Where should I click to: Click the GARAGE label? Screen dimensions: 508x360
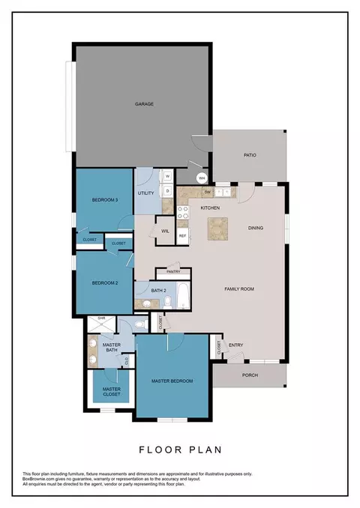click(x=144, y=104)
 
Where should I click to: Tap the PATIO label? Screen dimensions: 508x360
click(x=250, y=156)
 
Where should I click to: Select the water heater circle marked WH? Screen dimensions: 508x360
click(x=202, y=178)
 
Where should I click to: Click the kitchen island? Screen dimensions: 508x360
click(x=219, y=228)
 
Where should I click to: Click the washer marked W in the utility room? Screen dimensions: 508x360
click(x=168, y=177)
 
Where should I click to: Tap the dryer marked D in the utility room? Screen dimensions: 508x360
click(x=168, y=190)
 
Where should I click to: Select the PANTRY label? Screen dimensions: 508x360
click(x=172, y=272)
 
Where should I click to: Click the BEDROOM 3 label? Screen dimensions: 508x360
click(x=105, y=200)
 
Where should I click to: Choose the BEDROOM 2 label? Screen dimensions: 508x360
click(x=105, y=282)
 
